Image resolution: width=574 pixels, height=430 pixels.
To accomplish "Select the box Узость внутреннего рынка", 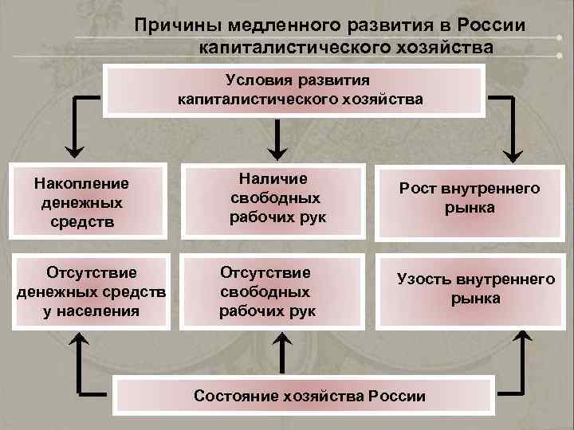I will (x=474, y=288).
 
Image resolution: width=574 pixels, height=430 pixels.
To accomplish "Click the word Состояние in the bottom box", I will (x=235, y=396).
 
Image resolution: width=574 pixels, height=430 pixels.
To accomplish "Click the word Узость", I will (x=423, y=279).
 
